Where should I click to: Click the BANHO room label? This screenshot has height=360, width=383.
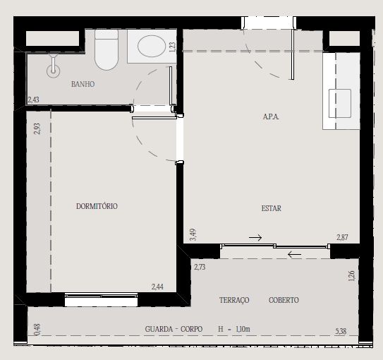pyautogui.click(x=83, y=84)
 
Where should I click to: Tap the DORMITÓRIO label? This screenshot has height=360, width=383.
pyautogui.click(x=97, y=206)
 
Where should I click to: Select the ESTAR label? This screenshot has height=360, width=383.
pyautogui.click(x=271, y=208)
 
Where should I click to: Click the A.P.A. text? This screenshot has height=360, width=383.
pyautogui.click(x=271, y=116)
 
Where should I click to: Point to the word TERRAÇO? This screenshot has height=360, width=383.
pyautogui.click(x=234, y=300)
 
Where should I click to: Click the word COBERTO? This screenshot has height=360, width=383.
pyautogui.click(x=284, y=300)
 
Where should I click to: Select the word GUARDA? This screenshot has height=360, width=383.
pyautogui.click(x=159, y=329)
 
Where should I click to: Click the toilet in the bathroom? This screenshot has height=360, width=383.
pyautogui.click(x=107, y=49)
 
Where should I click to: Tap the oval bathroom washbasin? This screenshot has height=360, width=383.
pyautogui.click(x=152, y=46)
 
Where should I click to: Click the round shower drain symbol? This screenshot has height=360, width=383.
pyautogui.click(x=53, y=71)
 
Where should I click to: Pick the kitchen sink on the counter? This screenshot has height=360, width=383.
pyautogui.click(x=340, y=103)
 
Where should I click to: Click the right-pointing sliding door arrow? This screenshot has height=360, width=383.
pyautogui.click(x=255, y=237)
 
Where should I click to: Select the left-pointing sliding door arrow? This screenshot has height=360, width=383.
pyautogui.click(x=294, y=254)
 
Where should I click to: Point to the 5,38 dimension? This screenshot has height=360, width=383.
pyautogui.click(x=341, y=331)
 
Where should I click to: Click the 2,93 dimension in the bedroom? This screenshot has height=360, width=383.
pyautogui.click(x=37, y=128)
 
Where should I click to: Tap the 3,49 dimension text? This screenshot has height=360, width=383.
pyautogui.click(x=193, y=234)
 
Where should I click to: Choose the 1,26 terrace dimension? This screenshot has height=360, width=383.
pyautogui.click(x=351, y=276)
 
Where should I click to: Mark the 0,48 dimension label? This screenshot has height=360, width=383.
pyautogui.click(x=37, y=330)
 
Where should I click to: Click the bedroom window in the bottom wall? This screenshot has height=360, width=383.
pyautogui.click(x=101, y=299)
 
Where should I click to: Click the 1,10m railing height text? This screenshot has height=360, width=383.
pyautogui.click(x=243, y=329)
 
